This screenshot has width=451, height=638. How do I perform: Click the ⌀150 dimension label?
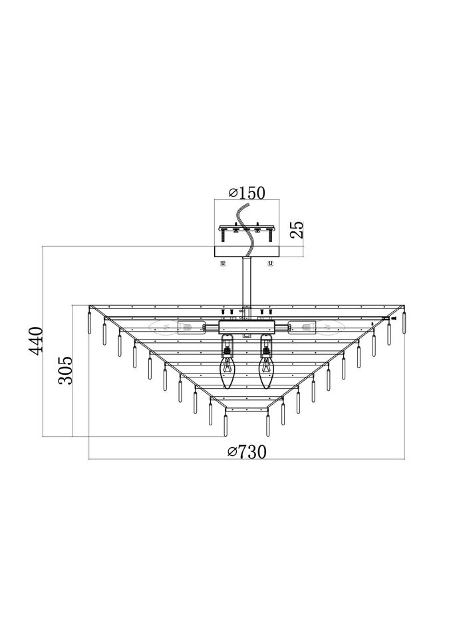(247, 193)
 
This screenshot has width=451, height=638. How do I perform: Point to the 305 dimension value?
(65, 370)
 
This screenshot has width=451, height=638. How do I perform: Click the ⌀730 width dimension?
(247, 452)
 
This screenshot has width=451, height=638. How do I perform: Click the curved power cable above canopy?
(246, 231)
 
